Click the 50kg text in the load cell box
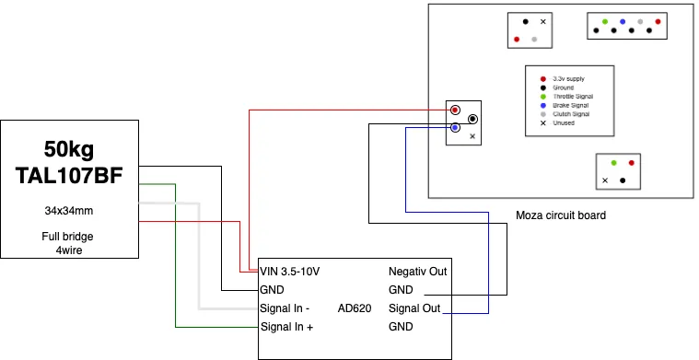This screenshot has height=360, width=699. click(x=69, y=150)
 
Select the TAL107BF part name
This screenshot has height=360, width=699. click(x=69, y=176)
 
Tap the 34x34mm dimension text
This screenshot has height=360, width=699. click(x=69, y=211)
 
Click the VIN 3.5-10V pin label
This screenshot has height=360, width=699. click(x=290, y=272)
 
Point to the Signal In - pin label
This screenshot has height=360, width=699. click(x=285, y=308)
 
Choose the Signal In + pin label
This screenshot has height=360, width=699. click(x=286, y=327)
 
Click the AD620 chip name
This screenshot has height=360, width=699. click(x=355, y=308)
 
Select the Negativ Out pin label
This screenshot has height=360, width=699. click(x=418, y=272)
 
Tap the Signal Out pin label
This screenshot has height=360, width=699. click(x=414, y=308)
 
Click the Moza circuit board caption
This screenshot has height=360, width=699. click(x=561, y=215)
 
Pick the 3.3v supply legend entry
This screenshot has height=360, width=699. click(x=568, y=79)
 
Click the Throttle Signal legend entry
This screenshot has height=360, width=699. click(x=573, y=97)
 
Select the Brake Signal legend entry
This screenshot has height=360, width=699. click(x=571, y=105)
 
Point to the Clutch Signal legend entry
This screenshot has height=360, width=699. click(x=571, y=114)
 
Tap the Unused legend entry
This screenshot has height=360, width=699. click(x=564, y=123)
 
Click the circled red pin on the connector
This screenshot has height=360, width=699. click(x=455, y=110)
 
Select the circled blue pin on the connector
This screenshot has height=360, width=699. click(x=455, y=127)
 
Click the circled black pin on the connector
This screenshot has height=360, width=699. click(x=473, y=119)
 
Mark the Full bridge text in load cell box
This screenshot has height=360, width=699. click(x=67, y=237)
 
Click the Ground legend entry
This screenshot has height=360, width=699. click(x=564, y=87)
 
